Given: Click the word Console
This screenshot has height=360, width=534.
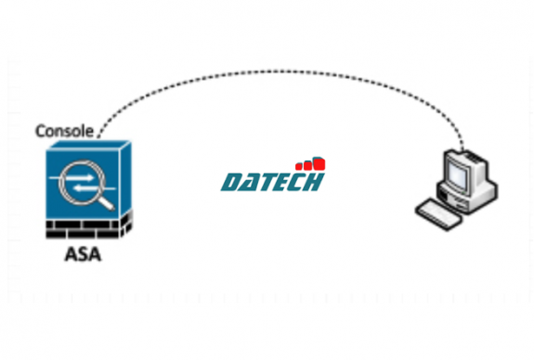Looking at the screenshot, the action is [x=63, y=131].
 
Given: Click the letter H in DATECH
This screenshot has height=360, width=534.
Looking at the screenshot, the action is [x=314, y=181].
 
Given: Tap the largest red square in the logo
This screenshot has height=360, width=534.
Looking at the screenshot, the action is [x=319, y=164].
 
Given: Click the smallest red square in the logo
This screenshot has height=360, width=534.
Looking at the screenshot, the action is [x=301, y=168].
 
